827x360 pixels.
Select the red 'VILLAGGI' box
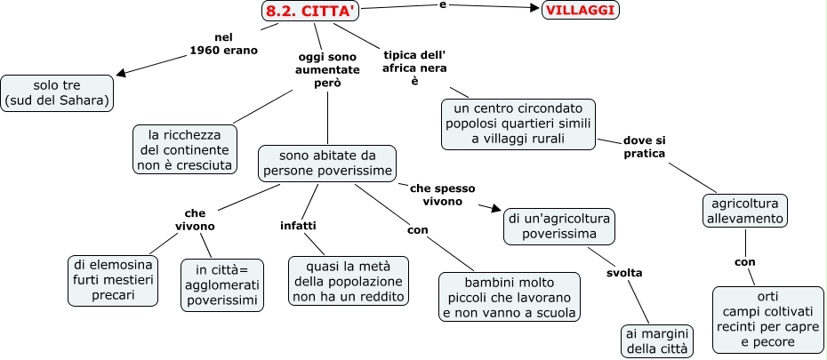581,10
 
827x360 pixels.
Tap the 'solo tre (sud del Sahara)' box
58,92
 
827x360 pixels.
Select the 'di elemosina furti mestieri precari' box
112,280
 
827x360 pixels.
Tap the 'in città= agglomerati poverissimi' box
222,284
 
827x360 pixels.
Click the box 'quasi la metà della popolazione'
348,281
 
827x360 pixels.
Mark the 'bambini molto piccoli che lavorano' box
510,296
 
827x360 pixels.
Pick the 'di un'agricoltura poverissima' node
559,226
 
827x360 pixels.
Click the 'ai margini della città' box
657,340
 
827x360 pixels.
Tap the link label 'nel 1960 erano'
223,44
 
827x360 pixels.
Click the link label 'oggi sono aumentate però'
327,69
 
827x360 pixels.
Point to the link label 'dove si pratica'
644,147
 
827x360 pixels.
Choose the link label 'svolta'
624,273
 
